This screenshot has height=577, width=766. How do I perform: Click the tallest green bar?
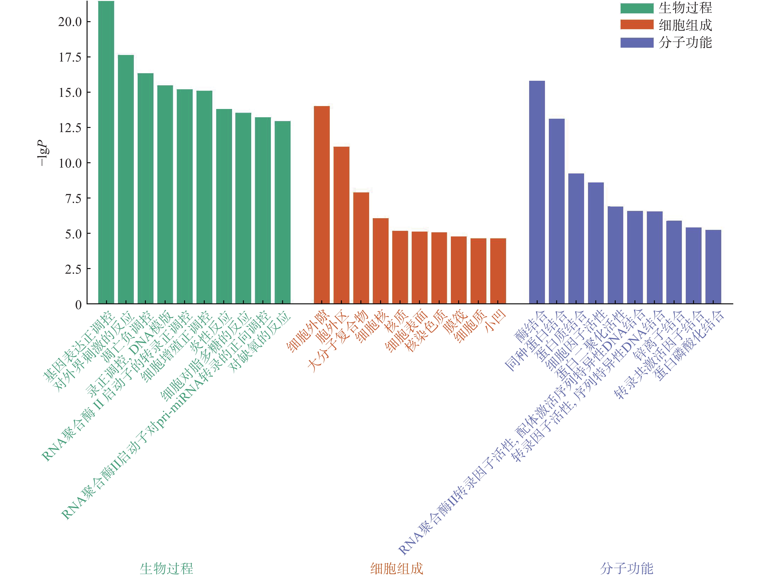pos(106,152)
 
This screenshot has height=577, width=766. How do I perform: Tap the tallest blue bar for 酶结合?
pos(537,192)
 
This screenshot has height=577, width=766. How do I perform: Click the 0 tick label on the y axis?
pos(78,305)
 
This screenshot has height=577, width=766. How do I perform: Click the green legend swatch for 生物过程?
pos(636,8)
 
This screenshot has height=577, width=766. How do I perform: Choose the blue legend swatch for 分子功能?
pos(636,43)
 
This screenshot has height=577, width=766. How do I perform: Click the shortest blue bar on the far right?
pos(713,267)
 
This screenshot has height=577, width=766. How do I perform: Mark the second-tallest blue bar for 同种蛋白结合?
pos(556,211)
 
